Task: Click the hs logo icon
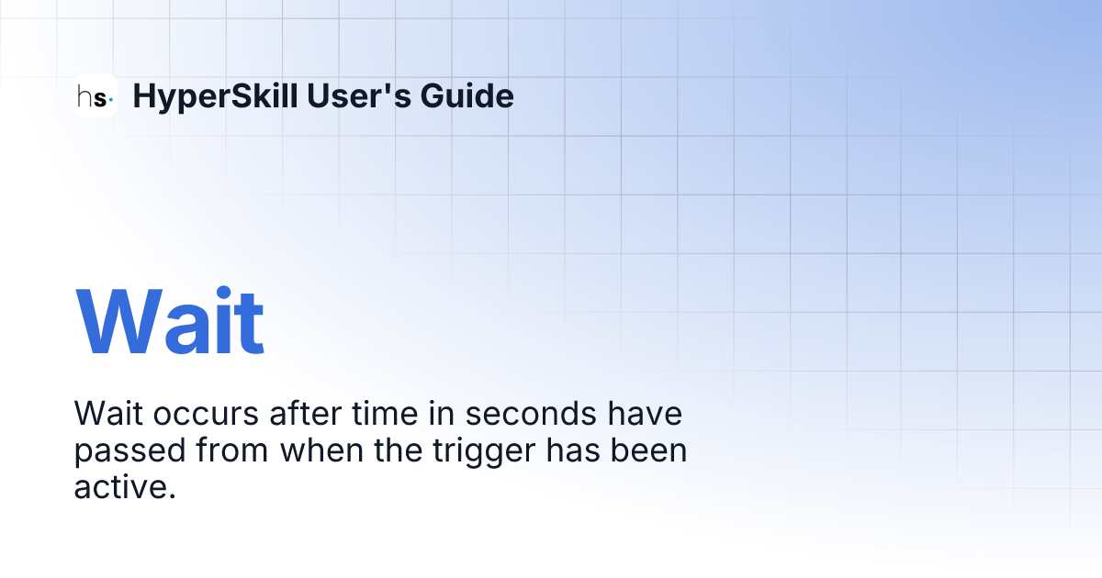[96, 95]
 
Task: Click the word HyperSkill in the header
[214, 95]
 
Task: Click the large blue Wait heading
[170, 323]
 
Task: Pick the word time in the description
[371, 414]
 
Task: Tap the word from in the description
[233, 450]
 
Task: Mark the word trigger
[478, 451]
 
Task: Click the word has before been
[575, 450]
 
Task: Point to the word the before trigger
[401, 450]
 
